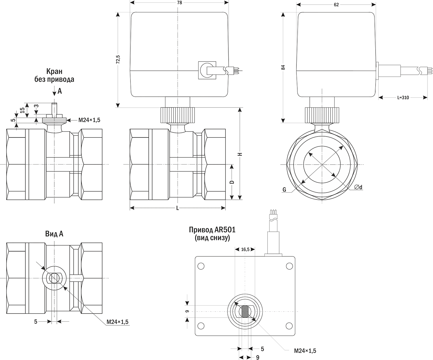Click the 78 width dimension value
tap(179, 3)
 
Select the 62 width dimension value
tap(336, 5)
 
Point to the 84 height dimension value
tap(283, 67)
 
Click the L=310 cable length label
tap(403, 98)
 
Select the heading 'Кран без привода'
tap(54, 75)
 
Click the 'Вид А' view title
tap(54, 234)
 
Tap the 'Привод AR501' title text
tap(212, 230)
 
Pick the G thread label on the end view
tap(284, 190)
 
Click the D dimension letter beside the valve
tap(231, 182)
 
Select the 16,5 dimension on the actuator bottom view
tap(245, 249)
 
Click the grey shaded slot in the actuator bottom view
tap(245, 311)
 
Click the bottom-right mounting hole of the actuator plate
tap(289, 326)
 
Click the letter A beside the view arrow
tap(60, 91)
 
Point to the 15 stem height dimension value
tap(22, 110)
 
